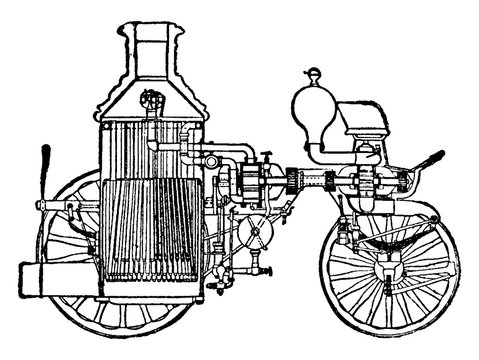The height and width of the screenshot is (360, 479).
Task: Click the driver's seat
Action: [369, 118]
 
